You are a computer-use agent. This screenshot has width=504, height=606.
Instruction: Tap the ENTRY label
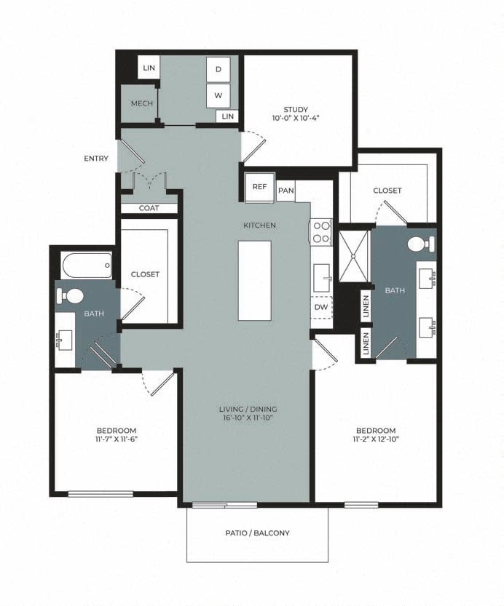pos(96,159)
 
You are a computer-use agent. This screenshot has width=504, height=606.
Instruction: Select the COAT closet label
pos(149,208)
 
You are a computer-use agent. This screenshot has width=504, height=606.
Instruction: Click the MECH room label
pos(141,103)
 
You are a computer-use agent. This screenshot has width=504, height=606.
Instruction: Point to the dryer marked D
pos(218,69)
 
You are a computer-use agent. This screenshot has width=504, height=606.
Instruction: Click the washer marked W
pos(218,95)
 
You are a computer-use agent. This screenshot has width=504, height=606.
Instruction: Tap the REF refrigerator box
pos(259,186)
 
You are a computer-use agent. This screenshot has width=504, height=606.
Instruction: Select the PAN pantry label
pos(285,190)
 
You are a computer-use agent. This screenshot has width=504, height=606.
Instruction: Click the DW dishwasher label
pos(320,307)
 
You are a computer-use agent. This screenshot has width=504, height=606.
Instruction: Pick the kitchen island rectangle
pos(254,280)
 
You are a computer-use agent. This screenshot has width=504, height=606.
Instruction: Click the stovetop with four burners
pos(321,233)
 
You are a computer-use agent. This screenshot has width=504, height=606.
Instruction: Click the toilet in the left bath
pos(71,295)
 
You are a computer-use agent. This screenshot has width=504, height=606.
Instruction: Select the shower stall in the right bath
pos(354,255)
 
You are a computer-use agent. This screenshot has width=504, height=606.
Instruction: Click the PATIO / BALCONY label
pos(257,533)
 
